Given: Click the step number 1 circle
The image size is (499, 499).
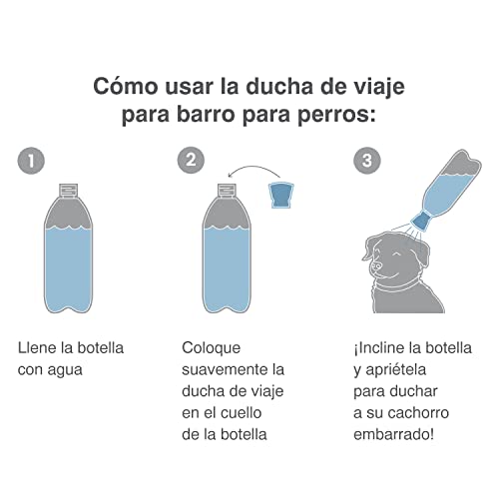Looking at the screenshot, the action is pyautogui.click(x=31, y=161).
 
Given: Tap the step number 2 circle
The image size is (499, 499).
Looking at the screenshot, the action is pyautogui.click(x=191, y=160).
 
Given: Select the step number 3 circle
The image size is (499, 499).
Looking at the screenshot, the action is pyautogui.click(x=367, y=160).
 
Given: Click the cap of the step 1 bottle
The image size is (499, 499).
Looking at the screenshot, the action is pyautogui.click(x=69, y=191).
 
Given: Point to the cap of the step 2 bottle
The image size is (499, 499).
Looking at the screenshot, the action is pyautogui.click(x=227, y=191).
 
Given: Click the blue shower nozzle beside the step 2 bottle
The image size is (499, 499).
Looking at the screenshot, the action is pyautogui.click(x=281, y=196).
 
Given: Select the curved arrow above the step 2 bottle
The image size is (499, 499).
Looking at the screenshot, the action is pyautogui.click(x=253, y=170).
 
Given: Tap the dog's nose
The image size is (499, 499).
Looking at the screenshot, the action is pyautogui.click(x=376, y=265).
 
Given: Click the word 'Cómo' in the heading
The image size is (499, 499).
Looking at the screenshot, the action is pyautogui.click(x=125, y=86).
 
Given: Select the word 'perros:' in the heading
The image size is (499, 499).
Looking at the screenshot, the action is pyautogui.click(x=336, y=115).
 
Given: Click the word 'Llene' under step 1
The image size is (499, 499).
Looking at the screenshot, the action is pyautogui.click(x=37, y=348).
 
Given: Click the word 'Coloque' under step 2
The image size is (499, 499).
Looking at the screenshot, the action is pyautogui.click(x=211, y=348).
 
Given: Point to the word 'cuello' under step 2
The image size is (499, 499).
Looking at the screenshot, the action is pyautogui.click(x=242, y=413).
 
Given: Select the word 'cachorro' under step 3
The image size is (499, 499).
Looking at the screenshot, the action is pyautogui.click(x=418, y=413).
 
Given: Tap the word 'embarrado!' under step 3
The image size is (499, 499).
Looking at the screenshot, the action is pyautogui.click(x=393, y=434).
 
